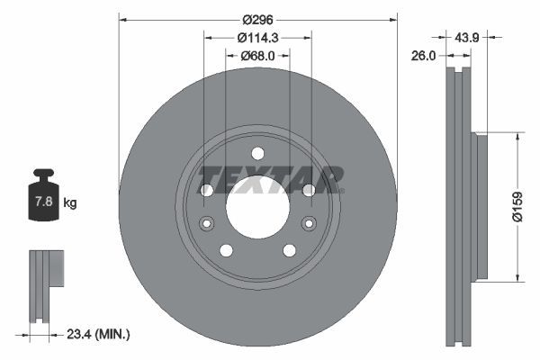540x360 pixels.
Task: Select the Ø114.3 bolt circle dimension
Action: pyautogui.click(x=257, y=38)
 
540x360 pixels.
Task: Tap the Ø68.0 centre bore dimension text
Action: pyautogui.click(x=257, y=57)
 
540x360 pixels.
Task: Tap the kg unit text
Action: pyautogui.click(x=70, y=203)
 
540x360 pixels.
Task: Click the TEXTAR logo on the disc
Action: pyautogui.click(x=271, y=179)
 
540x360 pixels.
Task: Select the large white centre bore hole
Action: pyautogui.click(x=257, y=208)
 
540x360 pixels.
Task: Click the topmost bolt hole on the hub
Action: pyautogui.click(x=257, y=152)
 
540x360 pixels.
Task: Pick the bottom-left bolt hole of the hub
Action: pyautogui.click(x=226, y=250)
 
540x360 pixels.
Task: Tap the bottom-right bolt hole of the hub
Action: pyautogui.click(x=289, y=250)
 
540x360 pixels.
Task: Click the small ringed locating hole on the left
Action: pyautogui.click(x=206, y=223)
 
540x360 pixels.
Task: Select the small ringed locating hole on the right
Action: pyautogui.click(x=309, y=223)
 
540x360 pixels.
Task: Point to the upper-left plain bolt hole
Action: pyautogui.click(x=206, y=190)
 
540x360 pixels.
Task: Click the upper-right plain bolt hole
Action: pyautogui.click(x=309, y=190)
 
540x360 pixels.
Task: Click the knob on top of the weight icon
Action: pyautogui.click(x=43, y=173)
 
